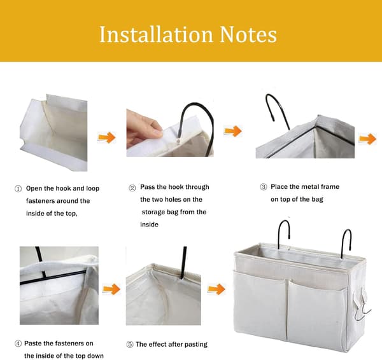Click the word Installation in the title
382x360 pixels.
click(157, 34)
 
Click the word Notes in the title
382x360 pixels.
click(248, 34)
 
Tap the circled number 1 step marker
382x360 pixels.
click(18, 189)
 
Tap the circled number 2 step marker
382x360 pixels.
click(132, 188)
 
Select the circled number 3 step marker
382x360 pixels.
click(264, 187)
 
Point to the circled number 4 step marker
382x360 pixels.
click(18, 343)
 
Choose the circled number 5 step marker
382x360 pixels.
click(130, 345)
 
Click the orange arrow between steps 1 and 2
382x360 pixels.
click(107, 137)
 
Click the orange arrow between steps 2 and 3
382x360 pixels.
click(233, 131)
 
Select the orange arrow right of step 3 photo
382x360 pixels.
click(367, 139)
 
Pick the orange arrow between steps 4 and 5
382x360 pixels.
click(111, 289)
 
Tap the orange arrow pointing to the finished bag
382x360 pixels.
click(216, 289)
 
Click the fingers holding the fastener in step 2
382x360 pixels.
click(144, 128)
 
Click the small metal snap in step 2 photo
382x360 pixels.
click(178, 141)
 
